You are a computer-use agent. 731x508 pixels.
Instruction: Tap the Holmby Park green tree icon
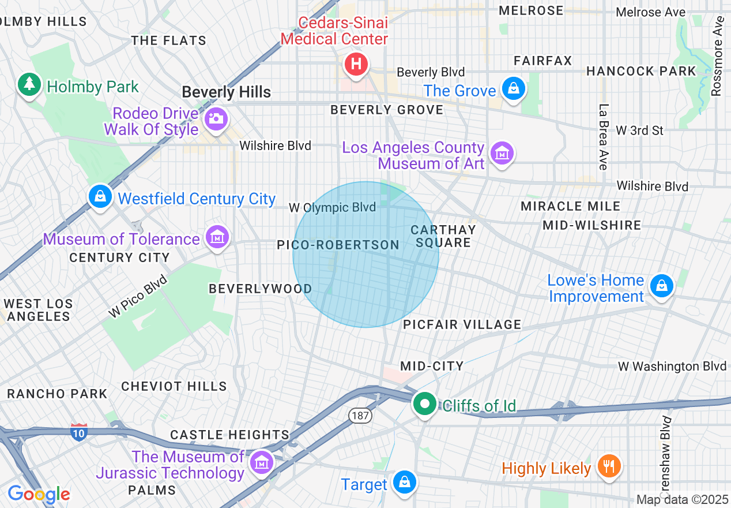[x=28, y=85]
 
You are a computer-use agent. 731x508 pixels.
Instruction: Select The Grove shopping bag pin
[x=511, y=89]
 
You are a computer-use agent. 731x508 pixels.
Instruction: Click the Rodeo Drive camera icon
[x=216, y=119]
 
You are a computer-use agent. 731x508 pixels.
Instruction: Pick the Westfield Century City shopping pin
[x=100, y=197]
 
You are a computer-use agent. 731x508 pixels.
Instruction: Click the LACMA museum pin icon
[x=502, y=154]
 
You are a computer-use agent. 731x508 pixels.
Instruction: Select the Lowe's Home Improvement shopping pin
[x=661, y=286]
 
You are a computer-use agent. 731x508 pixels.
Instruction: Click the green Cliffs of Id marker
[x=425, y=404]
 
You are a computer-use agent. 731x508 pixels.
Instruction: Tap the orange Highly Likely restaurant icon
[x=608, y=465]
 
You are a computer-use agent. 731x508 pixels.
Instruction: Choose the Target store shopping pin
[x=404, y=482]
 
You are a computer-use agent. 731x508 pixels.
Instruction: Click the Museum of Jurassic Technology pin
[x=261, y=462]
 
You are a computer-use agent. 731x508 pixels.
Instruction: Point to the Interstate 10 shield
[x=79, y=432]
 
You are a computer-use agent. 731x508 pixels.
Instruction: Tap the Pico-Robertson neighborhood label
[x=338, y=245]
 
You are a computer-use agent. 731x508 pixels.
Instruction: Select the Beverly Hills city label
[x=226, y=92]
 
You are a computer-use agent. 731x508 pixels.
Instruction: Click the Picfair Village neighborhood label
[x=462, y=324]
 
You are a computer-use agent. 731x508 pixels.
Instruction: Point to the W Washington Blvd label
[x=672, y=366]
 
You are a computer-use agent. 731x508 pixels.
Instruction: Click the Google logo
[x=39, y=494]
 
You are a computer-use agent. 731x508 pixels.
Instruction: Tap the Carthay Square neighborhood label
[x=443, y=236]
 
